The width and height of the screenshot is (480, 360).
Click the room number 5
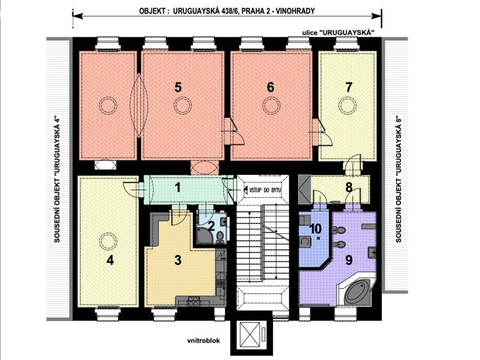[178, 87]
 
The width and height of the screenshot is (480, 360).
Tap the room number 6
[270, 87]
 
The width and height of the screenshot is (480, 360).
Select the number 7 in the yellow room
[349, 87]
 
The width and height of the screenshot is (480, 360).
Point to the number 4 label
[110, 260]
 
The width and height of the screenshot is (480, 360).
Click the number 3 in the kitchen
[178, 259]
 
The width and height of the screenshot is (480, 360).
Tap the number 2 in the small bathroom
[211, 225]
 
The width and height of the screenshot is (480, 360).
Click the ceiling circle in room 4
[107, 241]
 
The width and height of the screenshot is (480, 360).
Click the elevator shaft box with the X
[249, 333]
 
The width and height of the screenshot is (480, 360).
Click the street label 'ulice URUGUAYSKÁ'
[341, 32]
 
